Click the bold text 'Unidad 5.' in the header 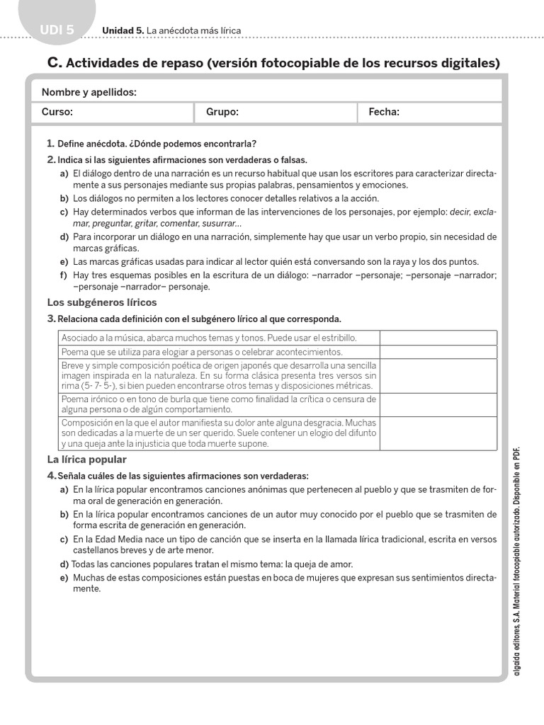point(123,30)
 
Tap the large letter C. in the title point(55,63)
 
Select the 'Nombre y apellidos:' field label point(89,92)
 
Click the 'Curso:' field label point(57,112)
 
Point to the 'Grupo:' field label point(222,112)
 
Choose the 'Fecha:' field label point(384,112)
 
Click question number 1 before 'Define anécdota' point(50,143)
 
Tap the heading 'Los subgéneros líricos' point(92,302)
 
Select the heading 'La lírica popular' point(86,459)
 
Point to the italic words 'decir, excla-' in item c point(473,212)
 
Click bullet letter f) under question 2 point(64,275)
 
